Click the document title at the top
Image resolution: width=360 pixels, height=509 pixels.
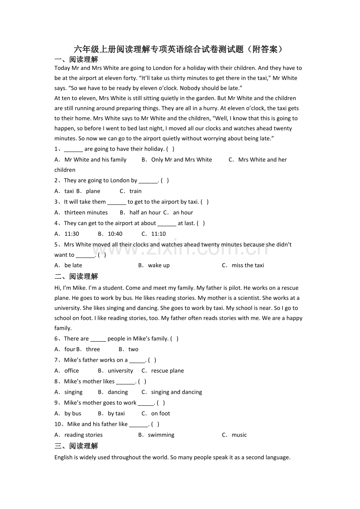pyautogui.click(x=178, y=49)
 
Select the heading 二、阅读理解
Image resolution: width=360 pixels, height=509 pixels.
pyautogui.click(x=76, y=276)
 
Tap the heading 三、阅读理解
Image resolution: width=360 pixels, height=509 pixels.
pyautogui.click(x=76, y=446)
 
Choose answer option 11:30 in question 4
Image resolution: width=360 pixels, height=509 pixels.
pyautogui.click(x=72, y=234)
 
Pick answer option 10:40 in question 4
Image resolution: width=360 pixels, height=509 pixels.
pyautogui.click(x=115, y=234)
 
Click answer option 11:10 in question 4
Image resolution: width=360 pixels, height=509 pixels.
pyautogui.click(x=158, y=234)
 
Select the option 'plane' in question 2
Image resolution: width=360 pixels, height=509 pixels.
pyautogui.click(x=93, y=191)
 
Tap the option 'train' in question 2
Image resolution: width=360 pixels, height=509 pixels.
pyautogui.click(x=135, y=191)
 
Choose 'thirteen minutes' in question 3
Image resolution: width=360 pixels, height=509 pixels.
pyautogui.click(x=86, y=213)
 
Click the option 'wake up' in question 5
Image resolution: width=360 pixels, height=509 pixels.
pyautogui.click(x=159, y=265)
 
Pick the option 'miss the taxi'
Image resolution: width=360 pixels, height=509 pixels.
pyautogui.click(x=248, y=265)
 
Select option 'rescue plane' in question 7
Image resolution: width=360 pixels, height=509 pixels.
pyautogui.click(x=167, y=371)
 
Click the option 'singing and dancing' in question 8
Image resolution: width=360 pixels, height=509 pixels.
pyautogui.click(x=176, y=392)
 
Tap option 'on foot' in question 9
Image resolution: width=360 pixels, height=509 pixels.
pyautogui.click(x=160, y=414)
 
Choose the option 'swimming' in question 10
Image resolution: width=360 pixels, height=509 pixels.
pyautogui.click(x=161, y=435)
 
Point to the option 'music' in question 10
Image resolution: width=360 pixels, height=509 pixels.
pyautogui.click(x=239, y=435)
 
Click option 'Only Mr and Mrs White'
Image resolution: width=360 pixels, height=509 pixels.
pyautogui.click(x=182, y=160)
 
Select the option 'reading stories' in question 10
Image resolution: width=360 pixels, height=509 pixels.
pyautogui.click(x=83, y=435)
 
